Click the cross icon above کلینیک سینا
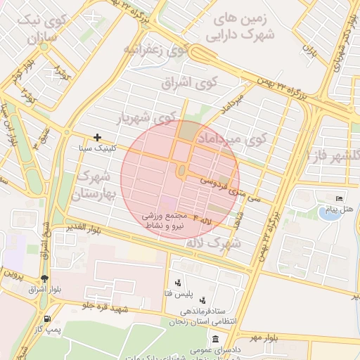97,137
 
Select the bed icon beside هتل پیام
339,199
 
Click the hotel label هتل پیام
337,210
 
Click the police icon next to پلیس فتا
177,283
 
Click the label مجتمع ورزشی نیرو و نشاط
174,220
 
